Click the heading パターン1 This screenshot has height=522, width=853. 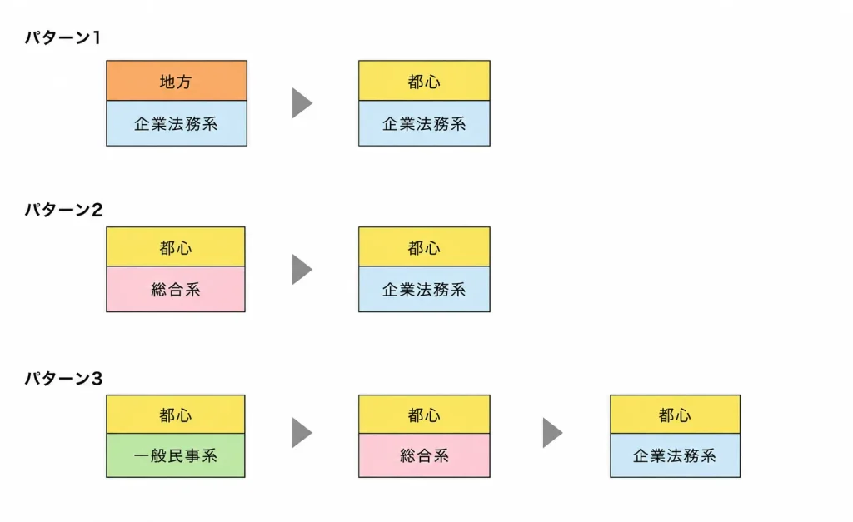coord(62,37)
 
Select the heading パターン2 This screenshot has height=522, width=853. coord(63,209)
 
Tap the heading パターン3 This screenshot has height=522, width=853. coord(63,378)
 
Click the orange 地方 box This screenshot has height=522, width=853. coord(177,81)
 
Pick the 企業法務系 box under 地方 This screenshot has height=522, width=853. coord(177,123)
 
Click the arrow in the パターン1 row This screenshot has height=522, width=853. coord(302,102)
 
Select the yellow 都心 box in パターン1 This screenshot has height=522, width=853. coord(424,81)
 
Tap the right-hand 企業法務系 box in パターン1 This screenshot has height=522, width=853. coord(424,123)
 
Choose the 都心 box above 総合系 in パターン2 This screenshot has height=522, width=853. coord(176,247)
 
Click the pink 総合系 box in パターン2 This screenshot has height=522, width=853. coord(176,289)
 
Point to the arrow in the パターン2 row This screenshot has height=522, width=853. coord(302,269)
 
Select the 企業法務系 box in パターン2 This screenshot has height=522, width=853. coord(424,289)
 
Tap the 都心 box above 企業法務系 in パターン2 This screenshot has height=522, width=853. coord(424,247)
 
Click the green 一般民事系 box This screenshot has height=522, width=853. coord(176,455)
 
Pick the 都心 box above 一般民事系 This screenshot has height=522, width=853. coord(176,415)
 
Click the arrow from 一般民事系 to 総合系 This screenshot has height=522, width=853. coord(302,433)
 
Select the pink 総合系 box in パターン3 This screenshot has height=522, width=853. coord(424,455)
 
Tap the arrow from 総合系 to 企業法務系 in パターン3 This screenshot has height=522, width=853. coord(553,433)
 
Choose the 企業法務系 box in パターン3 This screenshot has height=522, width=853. coord(675,455)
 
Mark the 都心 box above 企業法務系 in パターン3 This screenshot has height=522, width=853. coord(675,415)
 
